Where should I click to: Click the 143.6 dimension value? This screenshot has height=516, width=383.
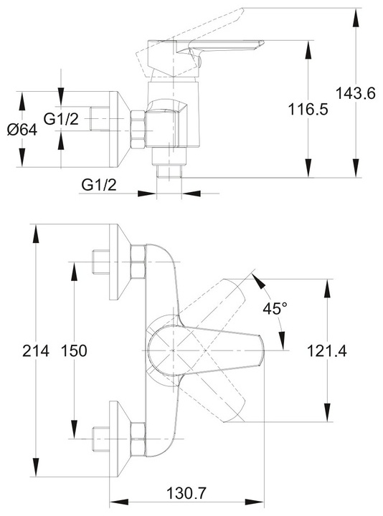point(355,94)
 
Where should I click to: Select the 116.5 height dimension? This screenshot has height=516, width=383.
point(308,109)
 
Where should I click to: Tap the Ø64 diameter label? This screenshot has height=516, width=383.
point(22,130)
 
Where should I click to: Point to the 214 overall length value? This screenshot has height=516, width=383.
point(36,350)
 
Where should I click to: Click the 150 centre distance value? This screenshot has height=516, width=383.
point(74,350)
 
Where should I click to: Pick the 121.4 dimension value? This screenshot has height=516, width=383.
point(327,350)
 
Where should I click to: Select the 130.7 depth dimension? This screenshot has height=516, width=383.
point(186,493)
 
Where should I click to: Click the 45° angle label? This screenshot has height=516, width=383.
point(275,308)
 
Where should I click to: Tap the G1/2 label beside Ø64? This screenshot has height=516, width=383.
point(62,119)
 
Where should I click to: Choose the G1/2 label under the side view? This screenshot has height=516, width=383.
point(99,186)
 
